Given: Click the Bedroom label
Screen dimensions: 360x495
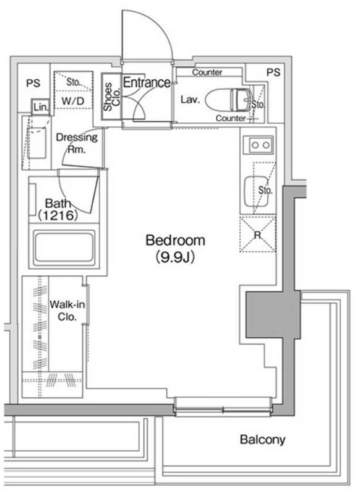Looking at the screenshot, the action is tap(175, 241).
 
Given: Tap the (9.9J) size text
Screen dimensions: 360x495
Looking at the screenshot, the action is tap(175, 257).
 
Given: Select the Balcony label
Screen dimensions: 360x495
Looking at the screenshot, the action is tap(262, 439).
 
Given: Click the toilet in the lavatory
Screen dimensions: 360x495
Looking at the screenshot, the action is tap(228, 100).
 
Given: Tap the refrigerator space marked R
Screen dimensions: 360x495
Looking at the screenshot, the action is tap(258, 235).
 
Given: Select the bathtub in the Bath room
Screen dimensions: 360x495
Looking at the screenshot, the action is tap(64, 247).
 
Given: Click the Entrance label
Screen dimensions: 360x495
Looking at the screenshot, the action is tap(147, 82).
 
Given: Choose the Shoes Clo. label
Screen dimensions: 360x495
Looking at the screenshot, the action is tap(112, 97).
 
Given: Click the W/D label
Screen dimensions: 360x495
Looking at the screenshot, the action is tap(73, 101).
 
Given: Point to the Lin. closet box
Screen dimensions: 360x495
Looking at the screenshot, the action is tap(41, 107).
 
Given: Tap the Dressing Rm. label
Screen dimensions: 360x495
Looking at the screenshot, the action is tap(77, 143).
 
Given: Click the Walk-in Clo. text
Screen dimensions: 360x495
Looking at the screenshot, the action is tap(67, 311).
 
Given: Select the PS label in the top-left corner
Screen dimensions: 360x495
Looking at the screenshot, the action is tap(33, 83).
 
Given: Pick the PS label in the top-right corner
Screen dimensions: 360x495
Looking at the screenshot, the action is tap(273, 72).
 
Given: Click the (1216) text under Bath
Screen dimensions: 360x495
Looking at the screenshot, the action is tap(58, 215).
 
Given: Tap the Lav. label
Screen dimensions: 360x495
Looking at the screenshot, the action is tap(191, 100).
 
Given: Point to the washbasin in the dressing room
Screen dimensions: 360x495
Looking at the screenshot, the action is tap(36, 143).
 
